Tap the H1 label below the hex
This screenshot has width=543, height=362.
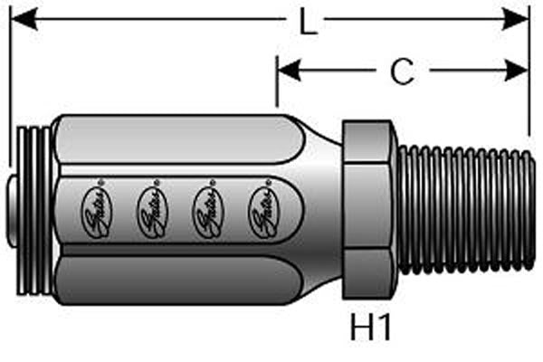[x=371, y=327]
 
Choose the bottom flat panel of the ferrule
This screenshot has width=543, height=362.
[x=176, y=281]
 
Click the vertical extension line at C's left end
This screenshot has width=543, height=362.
[x=277, y=81]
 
